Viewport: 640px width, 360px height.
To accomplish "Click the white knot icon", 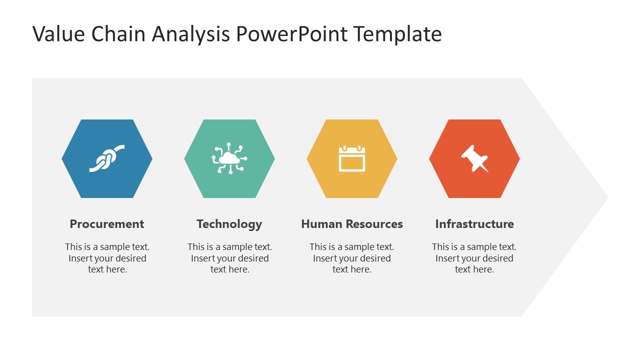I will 106,158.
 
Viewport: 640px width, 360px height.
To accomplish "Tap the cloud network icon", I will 229,158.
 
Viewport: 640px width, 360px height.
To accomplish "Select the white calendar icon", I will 352,159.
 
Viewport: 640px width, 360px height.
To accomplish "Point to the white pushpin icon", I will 474,158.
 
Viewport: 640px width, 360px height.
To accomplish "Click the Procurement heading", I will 106,224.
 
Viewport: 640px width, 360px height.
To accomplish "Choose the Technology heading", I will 229,224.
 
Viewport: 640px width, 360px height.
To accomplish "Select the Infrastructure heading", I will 474,224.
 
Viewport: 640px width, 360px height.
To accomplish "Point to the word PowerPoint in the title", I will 292,34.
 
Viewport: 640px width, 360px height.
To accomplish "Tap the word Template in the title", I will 397,34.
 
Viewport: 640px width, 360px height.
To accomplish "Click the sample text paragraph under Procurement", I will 107,258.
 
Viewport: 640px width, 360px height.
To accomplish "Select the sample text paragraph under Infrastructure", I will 474,258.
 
